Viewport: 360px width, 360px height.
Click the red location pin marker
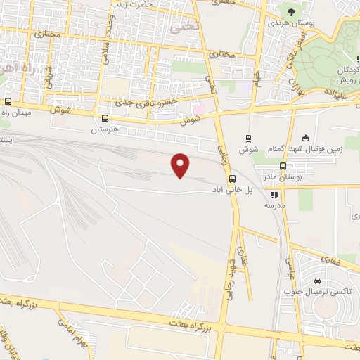181,165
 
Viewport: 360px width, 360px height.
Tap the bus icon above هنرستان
105,118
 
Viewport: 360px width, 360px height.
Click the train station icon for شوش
247,138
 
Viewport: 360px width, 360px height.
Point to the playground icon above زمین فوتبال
304,138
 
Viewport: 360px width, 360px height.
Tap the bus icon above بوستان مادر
283,167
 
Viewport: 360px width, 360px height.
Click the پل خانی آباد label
233,190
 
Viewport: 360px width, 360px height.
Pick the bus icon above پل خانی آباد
233,179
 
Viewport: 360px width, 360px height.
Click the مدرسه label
274,206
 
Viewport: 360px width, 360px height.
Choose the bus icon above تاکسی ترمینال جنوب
307,281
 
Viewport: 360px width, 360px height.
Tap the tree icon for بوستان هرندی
290,11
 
